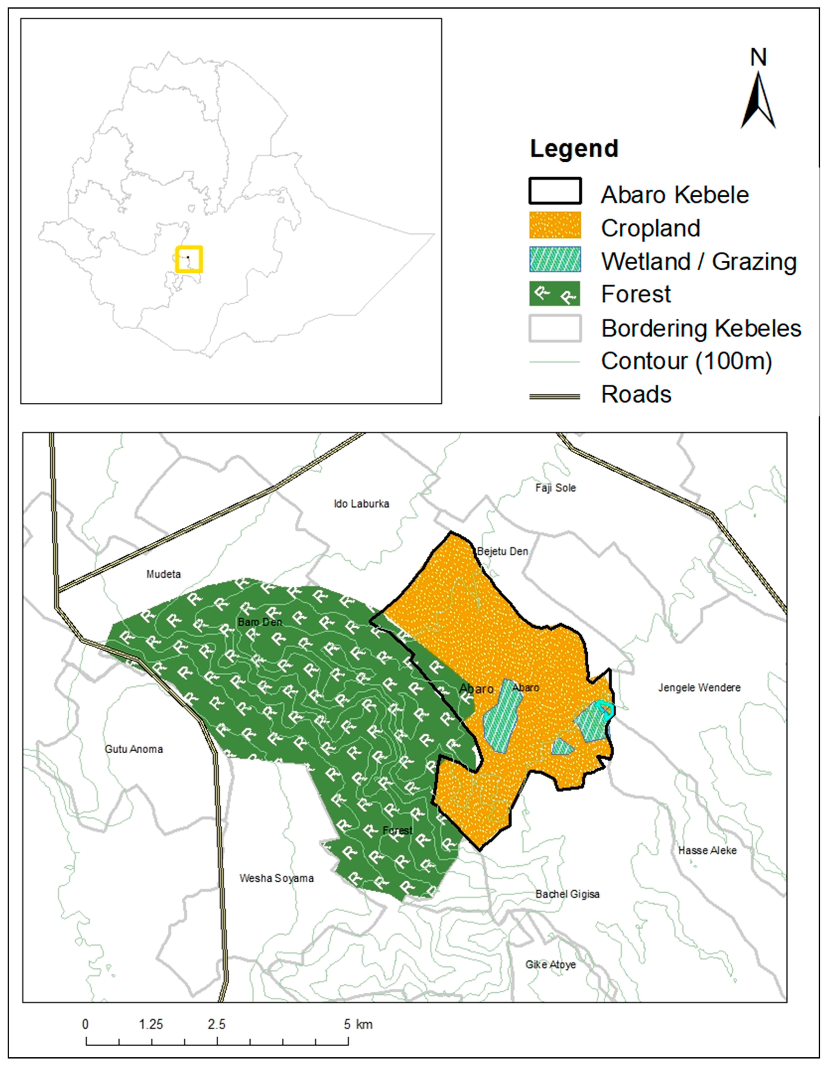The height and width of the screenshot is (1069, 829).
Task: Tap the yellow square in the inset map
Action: (x=189, y=259)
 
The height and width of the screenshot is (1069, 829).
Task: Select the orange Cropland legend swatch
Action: (x=555, y=225)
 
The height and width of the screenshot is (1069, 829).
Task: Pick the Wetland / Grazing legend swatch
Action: (x=555, y=259)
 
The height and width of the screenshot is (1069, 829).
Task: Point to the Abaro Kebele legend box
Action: (x=555, y=191)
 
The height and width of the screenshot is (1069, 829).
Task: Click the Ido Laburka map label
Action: (x=361, y=504)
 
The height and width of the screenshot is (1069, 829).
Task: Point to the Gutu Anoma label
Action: (x=134, y=749)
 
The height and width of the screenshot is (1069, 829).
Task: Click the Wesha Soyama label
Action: (x=277, y=878)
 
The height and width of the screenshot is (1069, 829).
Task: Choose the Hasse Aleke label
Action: (x=707, y=850)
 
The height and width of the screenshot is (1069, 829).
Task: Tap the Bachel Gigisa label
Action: (x=567, y=894)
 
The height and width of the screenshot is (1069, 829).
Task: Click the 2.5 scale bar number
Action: (x=216, y=1024)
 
